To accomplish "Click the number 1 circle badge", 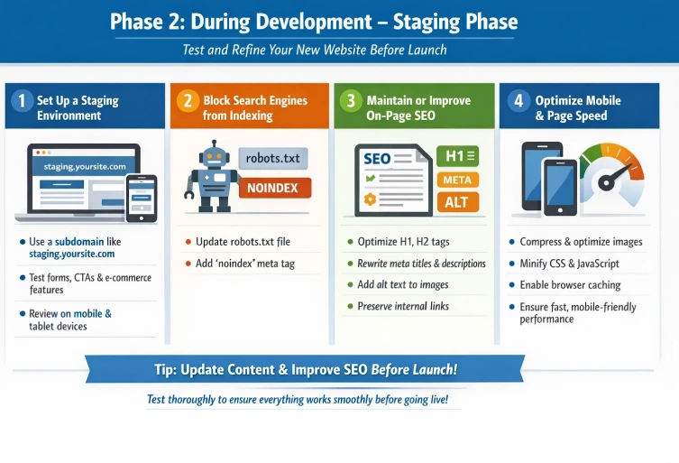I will pos(23,101).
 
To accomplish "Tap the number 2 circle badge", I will pos(187,101).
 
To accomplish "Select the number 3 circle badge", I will pos(350,101).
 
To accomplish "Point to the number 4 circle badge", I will pos(518,101).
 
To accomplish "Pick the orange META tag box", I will pos(456,180).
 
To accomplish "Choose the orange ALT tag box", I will pos(456,202).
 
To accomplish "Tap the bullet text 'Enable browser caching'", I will pos(572,285).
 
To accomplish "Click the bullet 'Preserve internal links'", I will pos(403,306).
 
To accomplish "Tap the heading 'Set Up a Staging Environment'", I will pos(78,108).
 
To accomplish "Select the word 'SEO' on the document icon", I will pos(377,159).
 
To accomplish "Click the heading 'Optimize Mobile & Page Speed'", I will pos(578,108).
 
